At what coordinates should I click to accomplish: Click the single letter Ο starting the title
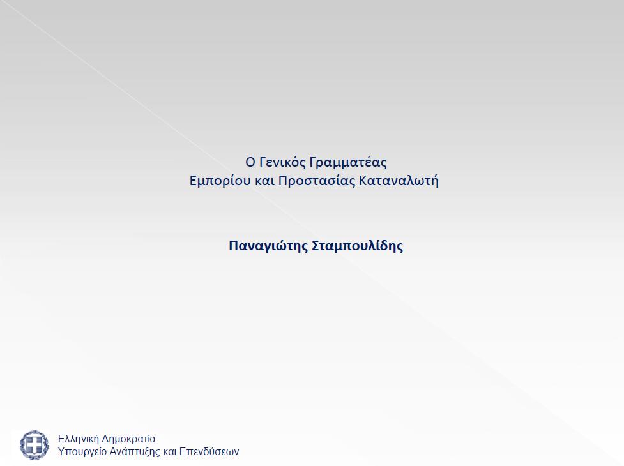(x=250, y=162)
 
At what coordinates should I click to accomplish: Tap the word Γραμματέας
(x=348, y=163)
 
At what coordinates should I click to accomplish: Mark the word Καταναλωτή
(x=399, y=181)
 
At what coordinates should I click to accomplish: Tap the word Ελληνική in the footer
(x=79, y=439)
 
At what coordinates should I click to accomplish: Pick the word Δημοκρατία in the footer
(x=128, y=439)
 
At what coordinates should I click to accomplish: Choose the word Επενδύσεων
(x=209, y=452)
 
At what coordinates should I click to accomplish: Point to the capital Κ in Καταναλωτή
(x=363, y=181)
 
